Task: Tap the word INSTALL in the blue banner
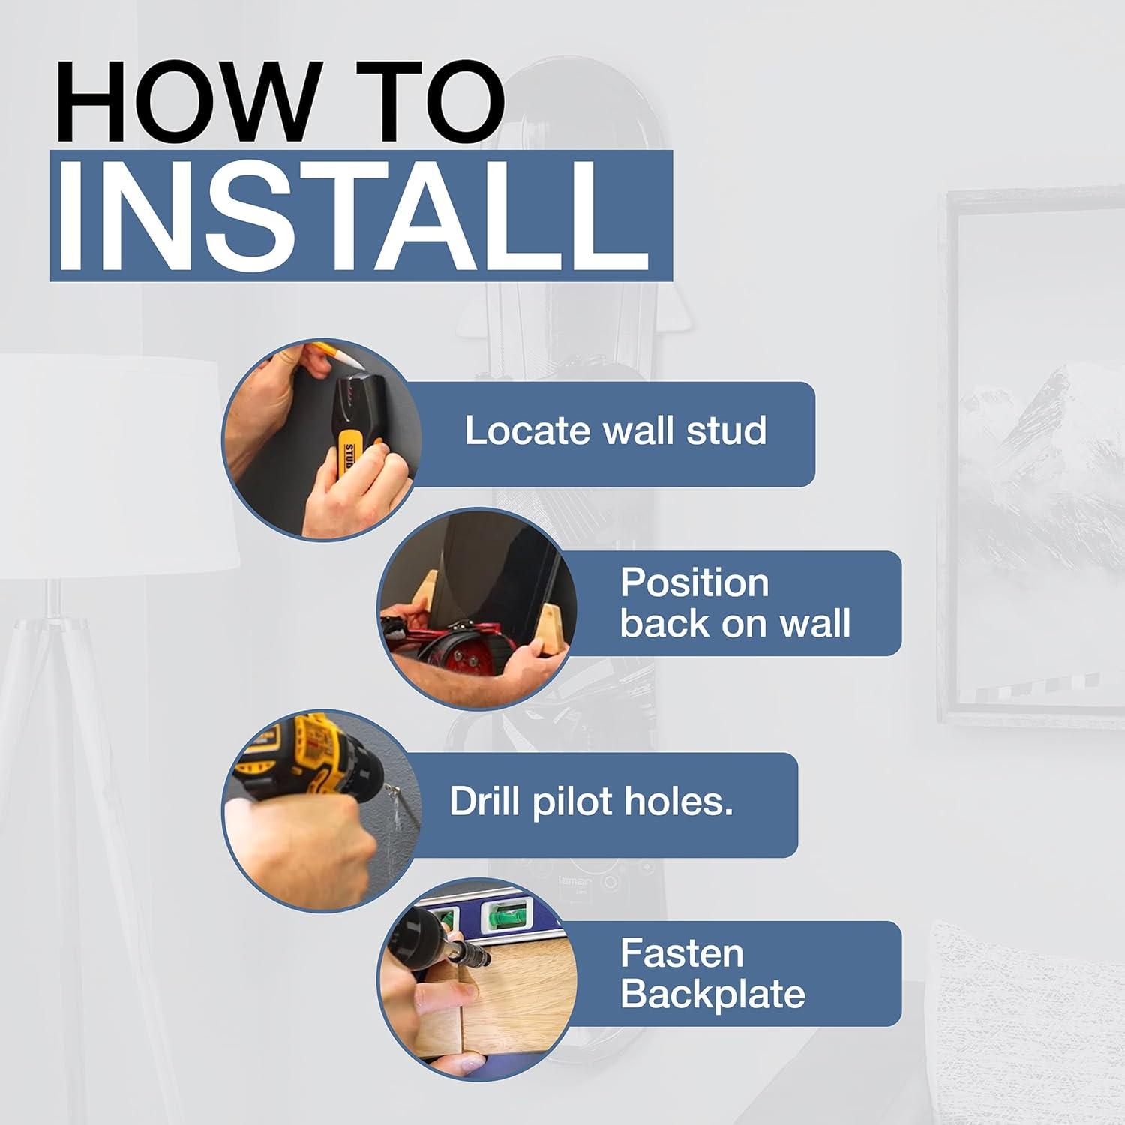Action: pos(360,217)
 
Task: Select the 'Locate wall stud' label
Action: pos(615,430)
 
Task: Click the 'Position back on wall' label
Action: pos(735,603)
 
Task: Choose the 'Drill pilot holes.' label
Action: pos(591,802)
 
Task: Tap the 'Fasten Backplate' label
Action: pos(712,973)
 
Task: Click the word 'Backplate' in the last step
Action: pos(712,994)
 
